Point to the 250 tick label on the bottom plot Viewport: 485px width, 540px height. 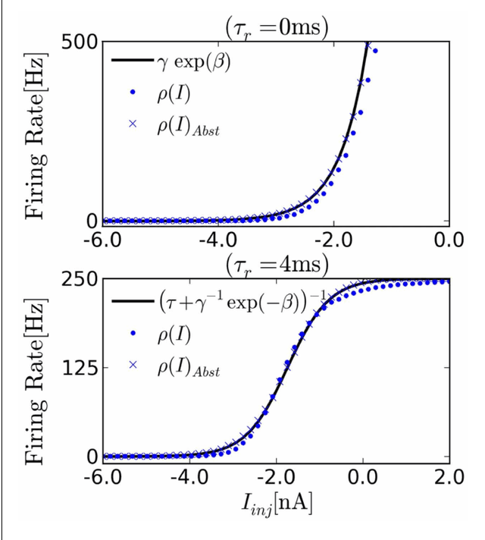[x=74, y=281]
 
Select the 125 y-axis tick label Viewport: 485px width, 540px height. [x=74, y=369]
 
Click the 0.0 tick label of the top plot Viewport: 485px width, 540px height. [x=449, y=241]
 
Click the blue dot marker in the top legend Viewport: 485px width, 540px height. [x=133, y=92]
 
